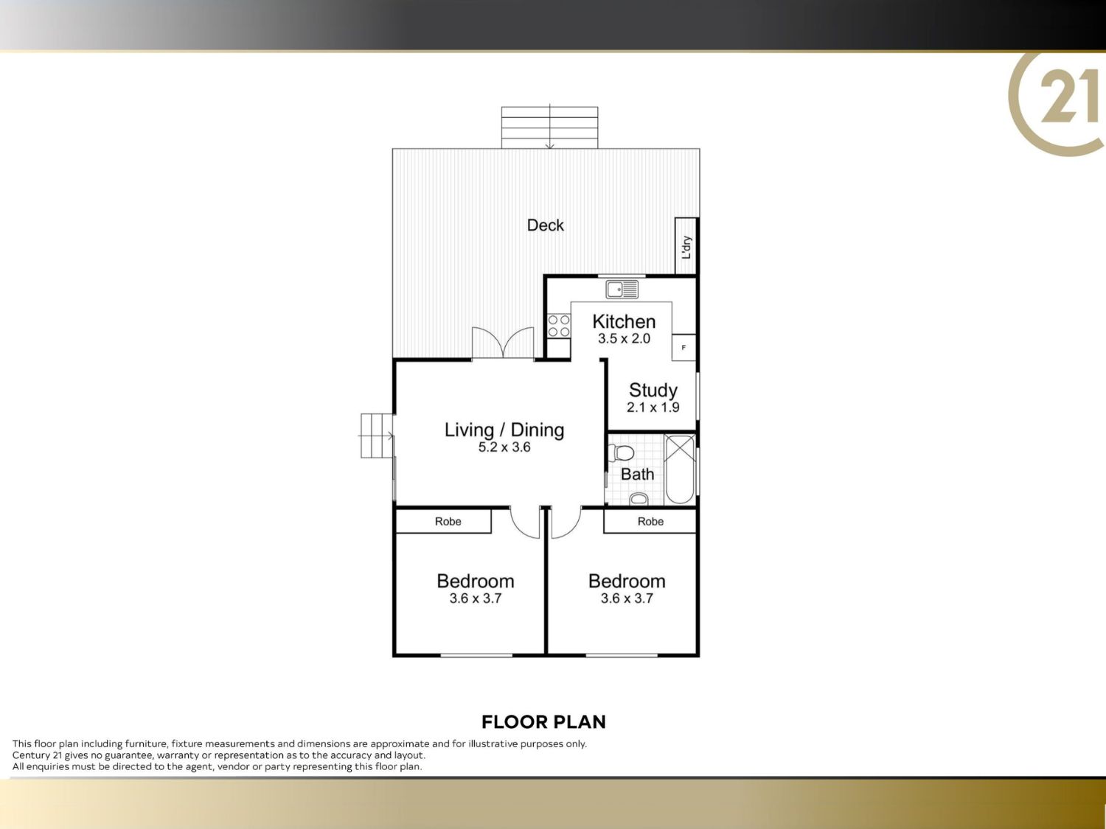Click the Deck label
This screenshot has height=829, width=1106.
point(545,225)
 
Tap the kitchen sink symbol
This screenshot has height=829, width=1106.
point(622,290)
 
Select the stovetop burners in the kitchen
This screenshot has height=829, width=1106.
point(559,326)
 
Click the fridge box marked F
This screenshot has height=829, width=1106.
point(684,347)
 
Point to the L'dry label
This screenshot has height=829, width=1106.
point(686,247)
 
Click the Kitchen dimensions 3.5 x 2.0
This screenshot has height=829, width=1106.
point(624,339)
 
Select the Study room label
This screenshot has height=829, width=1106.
point(653,390)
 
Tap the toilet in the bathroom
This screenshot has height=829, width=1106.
point(621,452)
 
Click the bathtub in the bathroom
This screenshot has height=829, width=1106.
point(680,469)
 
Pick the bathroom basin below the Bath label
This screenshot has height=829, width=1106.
point(639,500)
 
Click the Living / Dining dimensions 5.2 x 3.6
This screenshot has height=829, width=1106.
point(504,447)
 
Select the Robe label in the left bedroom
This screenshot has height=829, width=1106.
point(448,522)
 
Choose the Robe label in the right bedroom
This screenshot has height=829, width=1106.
point(650,522)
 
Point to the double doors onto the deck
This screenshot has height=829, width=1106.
point(503,342)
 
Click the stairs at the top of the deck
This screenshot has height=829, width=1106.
point(550,127)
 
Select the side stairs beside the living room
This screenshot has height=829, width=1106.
point(376,436)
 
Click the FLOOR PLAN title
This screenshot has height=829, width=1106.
point(543,722)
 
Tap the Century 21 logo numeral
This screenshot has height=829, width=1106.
point(1068,96)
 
